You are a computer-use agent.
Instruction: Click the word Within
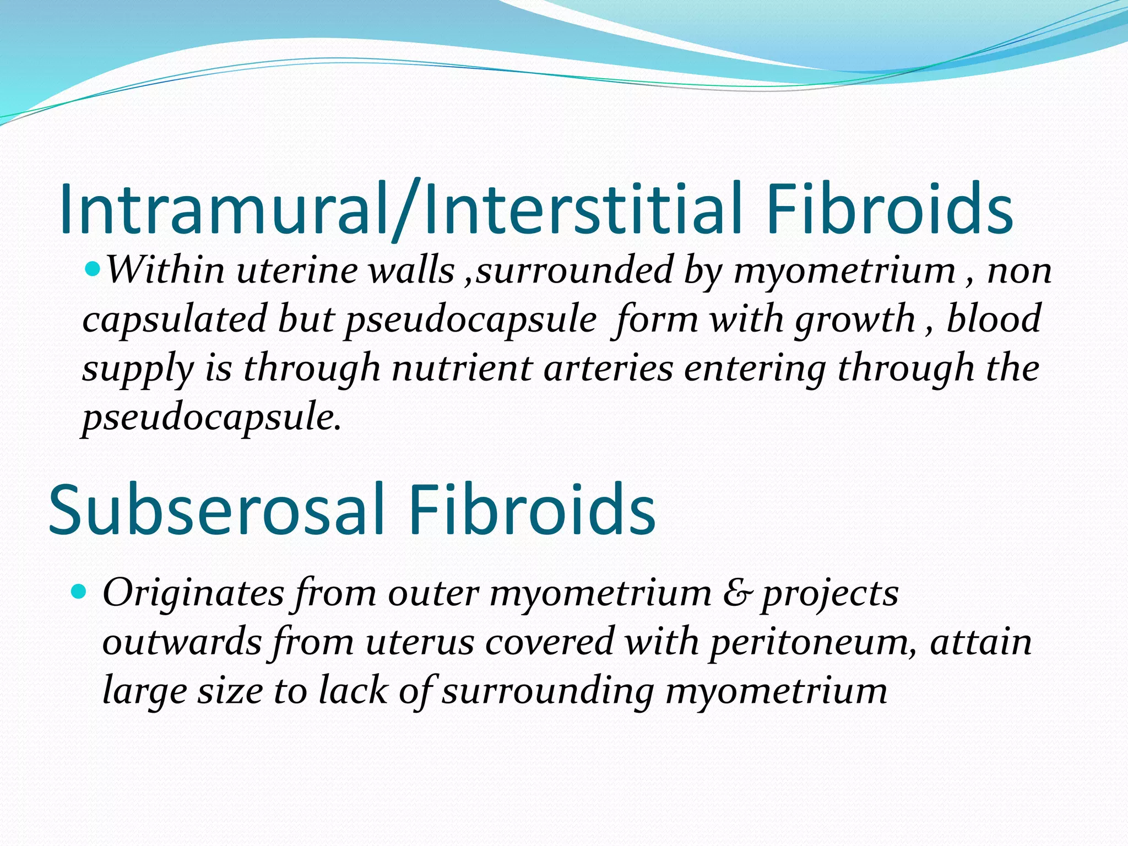(x=165, y=271)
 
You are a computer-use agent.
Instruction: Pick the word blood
(x=993, y=319)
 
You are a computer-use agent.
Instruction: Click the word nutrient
(x=462, y=368)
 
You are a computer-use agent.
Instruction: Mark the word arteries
(x=608, y=368)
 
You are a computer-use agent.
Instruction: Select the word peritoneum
(x=812, y=642)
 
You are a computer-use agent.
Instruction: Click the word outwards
(x=182, y=642)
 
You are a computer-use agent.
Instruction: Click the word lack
(x=353, y=691)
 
